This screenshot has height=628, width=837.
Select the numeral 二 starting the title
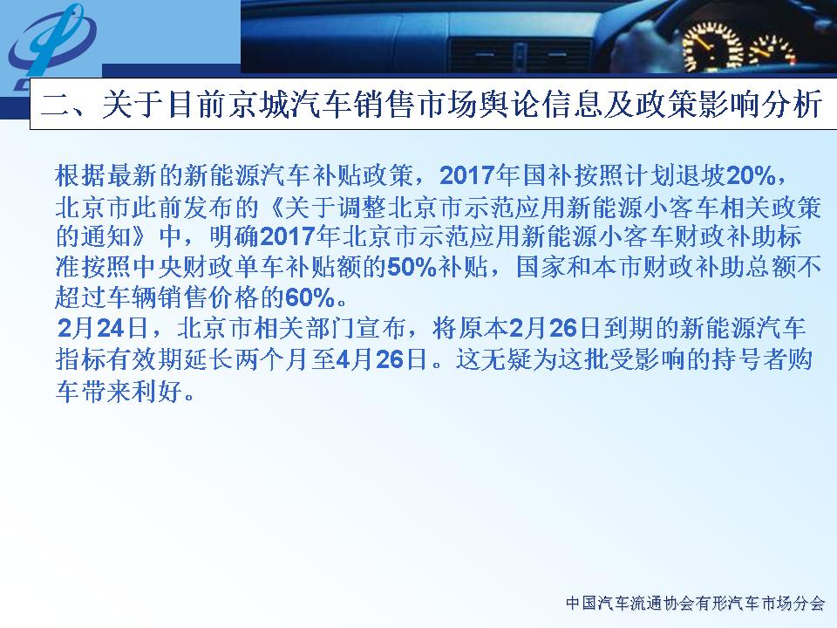[56, 104]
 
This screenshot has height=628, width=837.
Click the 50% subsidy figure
[412, 267]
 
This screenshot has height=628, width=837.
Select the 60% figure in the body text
[310, 298]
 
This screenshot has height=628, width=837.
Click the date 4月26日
[382, 359]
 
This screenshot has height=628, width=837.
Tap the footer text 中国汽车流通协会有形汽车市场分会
[695, 604]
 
